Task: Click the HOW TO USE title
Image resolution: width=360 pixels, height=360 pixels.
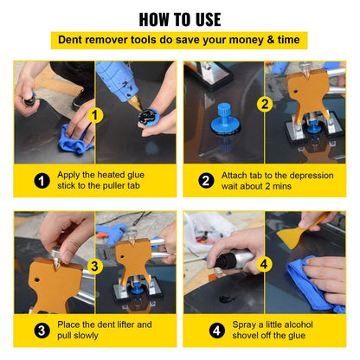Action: pos(179,19)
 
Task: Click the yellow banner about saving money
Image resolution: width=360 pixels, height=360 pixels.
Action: pos(179,41)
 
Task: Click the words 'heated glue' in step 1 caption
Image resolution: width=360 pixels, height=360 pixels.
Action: pos(122,175)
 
